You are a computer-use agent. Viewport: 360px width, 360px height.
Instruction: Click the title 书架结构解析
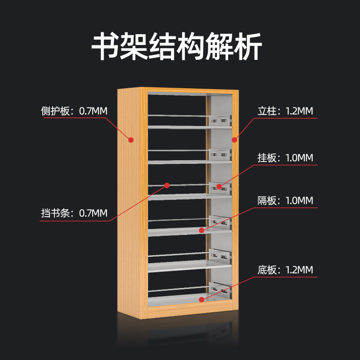[x=177, y=46]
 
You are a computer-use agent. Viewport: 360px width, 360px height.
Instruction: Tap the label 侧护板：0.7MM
[x=74, y=111]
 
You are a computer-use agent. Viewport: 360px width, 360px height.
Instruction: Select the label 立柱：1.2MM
[x=285, y=111]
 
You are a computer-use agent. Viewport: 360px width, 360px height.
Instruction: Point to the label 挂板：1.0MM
[x=285, y=158]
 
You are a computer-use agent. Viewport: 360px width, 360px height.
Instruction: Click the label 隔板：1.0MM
[x=285, y=201]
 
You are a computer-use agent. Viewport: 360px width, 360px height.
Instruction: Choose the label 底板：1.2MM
[x=285, y=270]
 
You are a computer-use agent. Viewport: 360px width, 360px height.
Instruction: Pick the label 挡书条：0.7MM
[x=74, y=213]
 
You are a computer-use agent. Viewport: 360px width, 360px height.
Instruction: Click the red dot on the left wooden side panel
[x=131, y=140]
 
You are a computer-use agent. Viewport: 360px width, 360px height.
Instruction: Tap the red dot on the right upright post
[x=234, y=140]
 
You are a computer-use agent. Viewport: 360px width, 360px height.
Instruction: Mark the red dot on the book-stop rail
[x=167, y=185]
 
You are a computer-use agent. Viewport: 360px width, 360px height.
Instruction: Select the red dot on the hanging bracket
[x=219, y=186]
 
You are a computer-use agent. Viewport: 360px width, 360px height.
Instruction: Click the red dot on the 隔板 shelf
[x=202, y=230]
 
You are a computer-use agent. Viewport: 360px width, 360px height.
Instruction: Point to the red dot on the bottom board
[x=201, y=298]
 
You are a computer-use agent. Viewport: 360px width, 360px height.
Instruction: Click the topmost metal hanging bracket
[x=220, y=120]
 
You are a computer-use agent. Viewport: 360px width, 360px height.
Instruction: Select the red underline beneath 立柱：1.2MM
[x=288, y=118]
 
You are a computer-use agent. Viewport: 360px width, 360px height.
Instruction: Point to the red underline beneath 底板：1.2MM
[x=288, y=278]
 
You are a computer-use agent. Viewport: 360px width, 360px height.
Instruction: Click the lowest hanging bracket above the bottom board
[x=220, y=288]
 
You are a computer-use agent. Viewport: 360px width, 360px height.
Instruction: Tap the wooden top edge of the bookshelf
[x=178, y=90]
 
